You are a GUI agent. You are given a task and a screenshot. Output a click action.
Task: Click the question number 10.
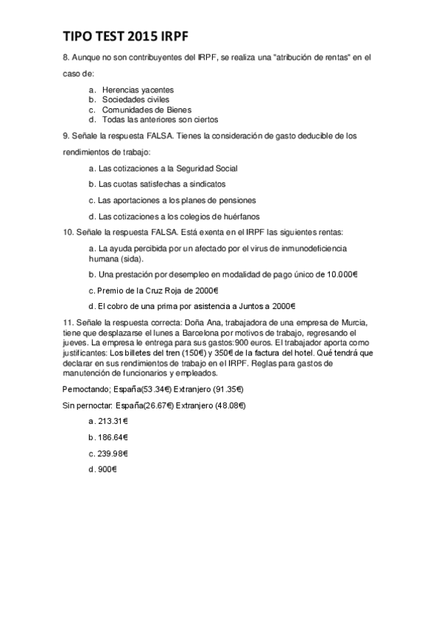point(68,233)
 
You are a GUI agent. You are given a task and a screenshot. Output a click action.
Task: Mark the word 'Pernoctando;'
point(85,389)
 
